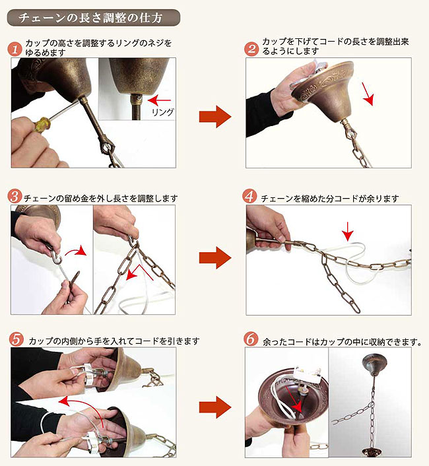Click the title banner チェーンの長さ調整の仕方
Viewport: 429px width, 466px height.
coord(93,18)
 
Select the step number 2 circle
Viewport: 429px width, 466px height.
coord(251,48)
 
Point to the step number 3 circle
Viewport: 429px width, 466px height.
coord(15,197)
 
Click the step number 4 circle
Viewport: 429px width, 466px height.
coord(249,197)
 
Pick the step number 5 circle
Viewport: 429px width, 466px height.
coord(16,339)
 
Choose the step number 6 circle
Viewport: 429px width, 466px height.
coord(251,339)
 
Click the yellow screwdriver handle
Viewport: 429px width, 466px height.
coord(42,124)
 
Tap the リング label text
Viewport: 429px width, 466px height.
coord(163,112)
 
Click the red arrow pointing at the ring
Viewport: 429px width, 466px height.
coord(160,100)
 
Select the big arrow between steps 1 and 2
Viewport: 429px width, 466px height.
coord(215,116)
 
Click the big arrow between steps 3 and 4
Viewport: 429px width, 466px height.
coord(215,257)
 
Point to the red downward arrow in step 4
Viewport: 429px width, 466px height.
coord(348,231)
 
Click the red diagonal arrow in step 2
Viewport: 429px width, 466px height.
coord(368,94)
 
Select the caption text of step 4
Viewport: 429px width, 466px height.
coord(330,198)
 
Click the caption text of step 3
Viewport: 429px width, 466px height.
coord(101,198)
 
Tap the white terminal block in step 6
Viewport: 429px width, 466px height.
coord(308,374)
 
